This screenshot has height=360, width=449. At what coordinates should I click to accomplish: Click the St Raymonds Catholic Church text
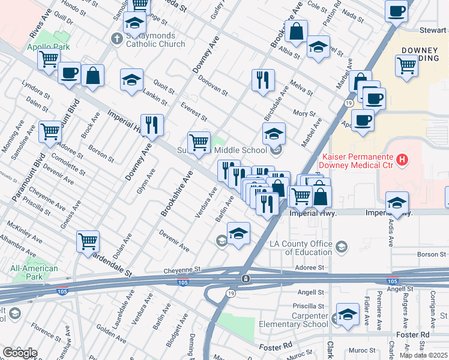155,40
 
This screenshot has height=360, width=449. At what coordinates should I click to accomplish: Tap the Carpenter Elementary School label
294,320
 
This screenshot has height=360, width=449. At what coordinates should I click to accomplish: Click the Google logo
20,353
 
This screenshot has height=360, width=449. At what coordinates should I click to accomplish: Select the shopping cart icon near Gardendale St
88,241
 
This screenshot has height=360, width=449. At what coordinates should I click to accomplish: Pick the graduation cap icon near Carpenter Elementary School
347,314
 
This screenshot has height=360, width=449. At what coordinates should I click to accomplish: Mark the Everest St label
194,110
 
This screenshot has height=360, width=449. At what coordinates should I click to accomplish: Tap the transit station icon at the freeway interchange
246,280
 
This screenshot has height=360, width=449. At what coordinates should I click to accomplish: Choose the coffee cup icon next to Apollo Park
69,73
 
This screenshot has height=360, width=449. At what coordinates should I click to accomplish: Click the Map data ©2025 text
423,355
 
